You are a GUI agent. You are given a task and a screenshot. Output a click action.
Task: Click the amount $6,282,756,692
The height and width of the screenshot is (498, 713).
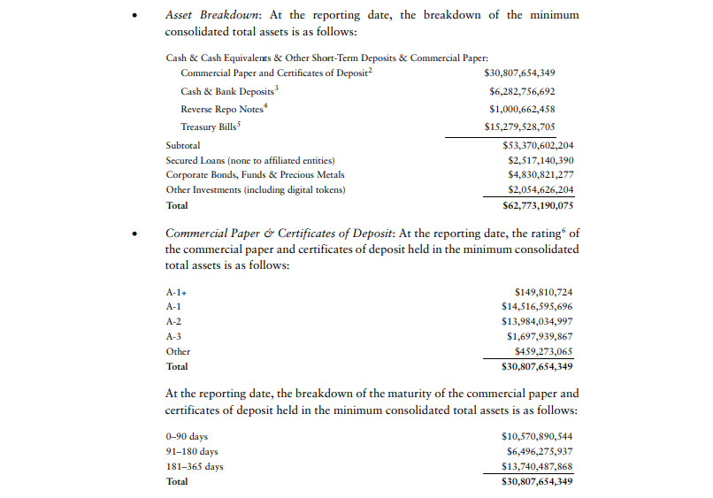[x=522, y=91]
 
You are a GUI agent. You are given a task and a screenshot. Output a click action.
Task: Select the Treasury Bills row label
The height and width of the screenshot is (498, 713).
[x=204, y=126]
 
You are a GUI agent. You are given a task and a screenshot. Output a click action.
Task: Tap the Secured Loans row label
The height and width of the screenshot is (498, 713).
[x=250, y=160]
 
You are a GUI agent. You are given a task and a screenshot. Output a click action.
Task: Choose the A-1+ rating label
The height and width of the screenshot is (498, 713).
[x=176, y=291]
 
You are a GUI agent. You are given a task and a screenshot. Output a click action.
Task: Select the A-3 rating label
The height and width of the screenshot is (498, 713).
[x=174, y=336]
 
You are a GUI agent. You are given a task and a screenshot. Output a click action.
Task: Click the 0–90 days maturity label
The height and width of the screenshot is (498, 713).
[x=186, y=436]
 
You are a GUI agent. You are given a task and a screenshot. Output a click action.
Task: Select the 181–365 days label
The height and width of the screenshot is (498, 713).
[x=195, y=466]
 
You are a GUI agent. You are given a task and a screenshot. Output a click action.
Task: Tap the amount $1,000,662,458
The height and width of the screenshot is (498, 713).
[x=522, y=109]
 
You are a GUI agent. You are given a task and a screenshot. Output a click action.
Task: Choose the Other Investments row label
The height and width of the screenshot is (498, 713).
[x=255, y=190]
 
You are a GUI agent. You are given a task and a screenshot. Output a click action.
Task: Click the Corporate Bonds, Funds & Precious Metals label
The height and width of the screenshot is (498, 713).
[x=255, y=175]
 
